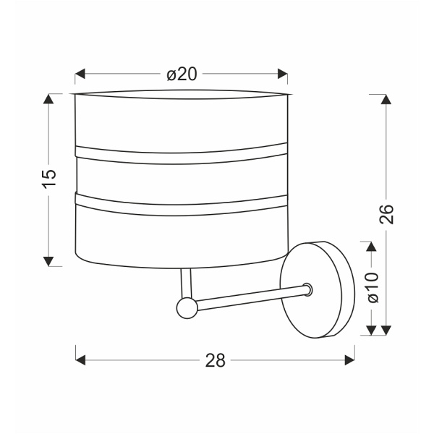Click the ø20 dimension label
(182, 75)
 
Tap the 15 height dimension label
(49, 179)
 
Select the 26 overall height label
(386, 214)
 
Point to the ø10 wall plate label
(372, 288)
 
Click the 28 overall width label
(216, 361)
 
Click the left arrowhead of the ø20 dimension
(80, 74)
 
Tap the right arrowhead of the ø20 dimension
(283, 74)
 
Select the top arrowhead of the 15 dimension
(48, 99)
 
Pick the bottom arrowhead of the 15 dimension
(48, 261)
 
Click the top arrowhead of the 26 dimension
(386, 99)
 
